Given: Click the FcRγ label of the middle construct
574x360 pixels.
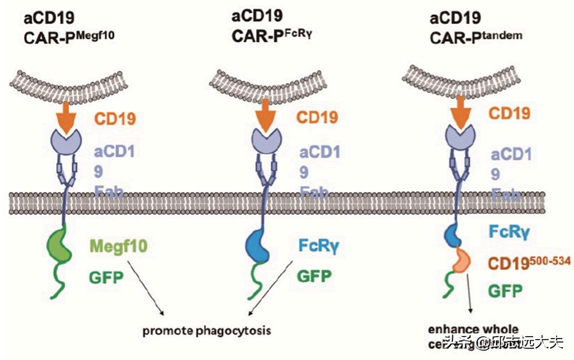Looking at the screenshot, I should pos(318,246).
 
